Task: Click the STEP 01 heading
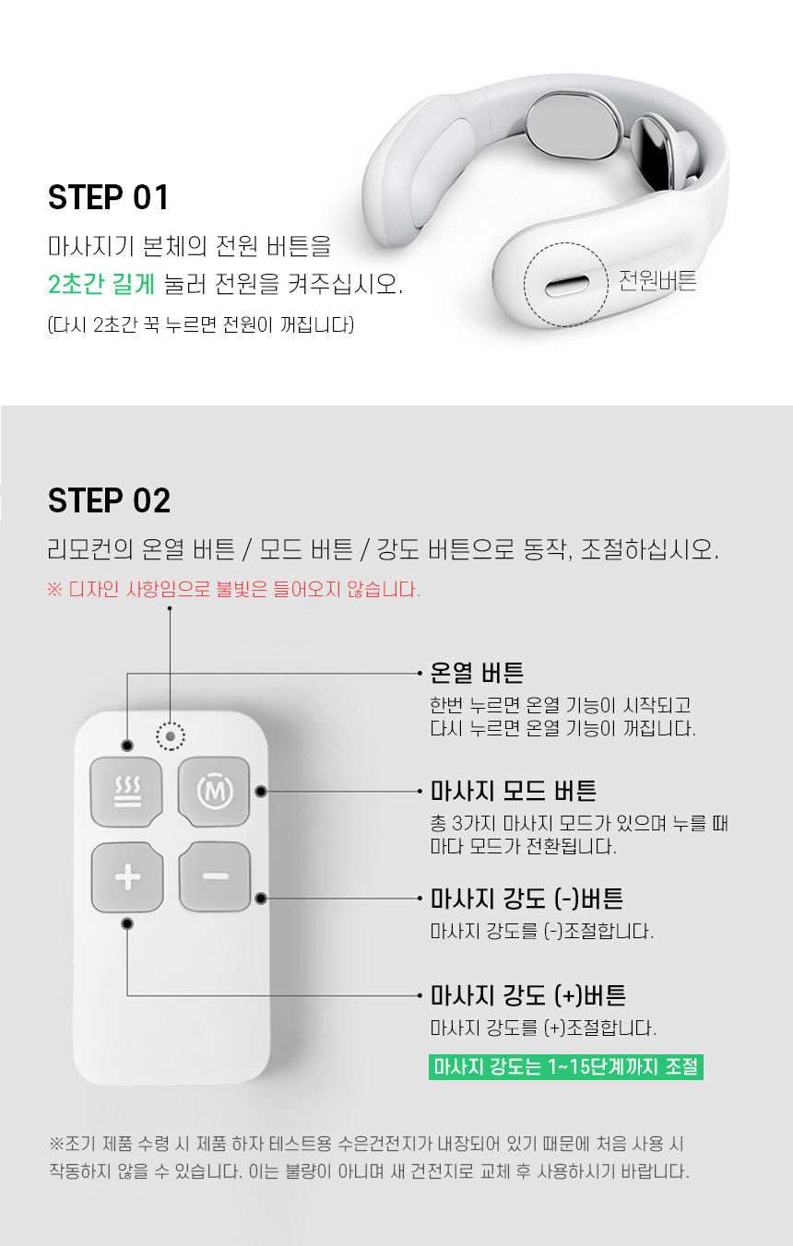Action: [109, 197]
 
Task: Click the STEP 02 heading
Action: [109, 500]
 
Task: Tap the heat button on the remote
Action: [127, 792]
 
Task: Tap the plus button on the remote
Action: [127, 877]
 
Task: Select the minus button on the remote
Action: [215, 876]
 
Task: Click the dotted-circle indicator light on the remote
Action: [171, 737]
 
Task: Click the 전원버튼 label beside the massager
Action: [657, 280]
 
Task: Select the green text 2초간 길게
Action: [101, 284]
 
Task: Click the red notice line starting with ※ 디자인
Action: [233, 589]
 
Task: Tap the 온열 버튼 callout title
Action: [477, 673]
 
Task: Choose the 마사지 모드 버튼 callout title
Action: [513, 791]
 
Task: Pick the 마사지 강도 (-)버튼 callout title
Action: [527, 899]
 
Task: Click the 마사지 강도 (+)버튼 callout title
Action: [528, 995]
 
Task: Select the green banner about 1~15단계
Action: [566, 1067]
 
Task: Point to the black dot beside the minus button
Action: [261, 899]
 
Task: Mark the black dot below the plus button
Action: [127, 924]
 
